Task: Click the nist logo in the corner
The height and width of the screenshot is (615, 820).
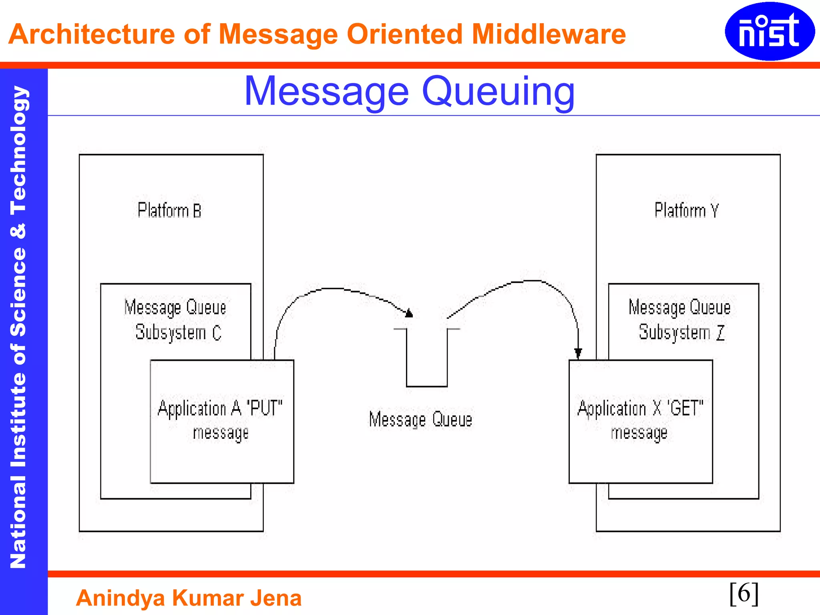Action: coord(770,31)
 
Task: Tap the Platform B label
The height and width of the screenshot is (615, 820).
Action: coord(169,210)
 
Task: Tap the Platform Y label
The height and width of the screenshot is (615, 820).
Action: coord(686,210)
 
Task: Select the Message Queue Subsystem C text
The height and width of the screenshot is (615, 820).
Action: coord(176,320)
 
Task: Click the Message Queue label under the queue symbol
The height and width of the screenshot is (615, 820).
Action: coord(420,419)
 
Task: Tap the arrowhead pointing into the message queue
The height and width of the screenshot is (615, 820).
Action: coord(409,313)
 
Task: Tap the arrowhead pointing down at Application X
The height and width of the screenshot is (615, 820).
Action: coord(578,353)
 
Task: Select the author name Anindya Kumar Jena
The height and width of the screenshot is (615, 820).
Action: coord(189,598)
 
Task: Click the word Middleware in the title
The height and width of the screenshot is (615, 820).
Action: coord(549,34)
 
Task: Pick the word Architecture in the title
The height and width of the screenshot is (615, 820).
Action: coord(92,34)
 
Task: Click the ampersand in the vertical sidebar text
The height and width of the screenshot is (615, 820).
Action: coord(18,231)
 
